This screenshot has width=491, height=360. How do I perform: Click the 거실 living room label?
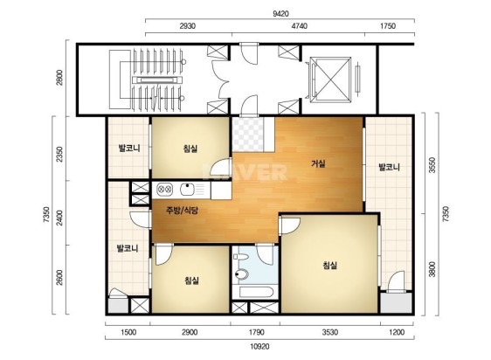pyautogui.click(x=318, y=163)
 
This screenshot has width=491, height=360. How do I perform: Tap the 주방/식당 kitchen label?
pyautogui.click(x=182, y=211)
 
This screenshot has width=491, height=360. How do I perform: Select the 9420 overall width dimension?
pyautogui.click(x=280, y=14)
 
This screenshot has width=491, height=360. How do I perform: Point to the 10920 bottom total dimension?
pyautogui.click(x=259, y=347)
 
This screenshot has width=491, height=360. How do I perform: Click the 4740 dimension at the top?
pyautogui.click(x=299, y=26)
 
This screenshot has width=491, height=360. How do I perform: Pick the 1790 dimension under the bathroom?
pyautogui.click(x=257, y=332)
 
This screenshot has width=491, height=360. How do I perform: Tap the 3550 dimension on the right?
pyautogui.click(x=432, y=165)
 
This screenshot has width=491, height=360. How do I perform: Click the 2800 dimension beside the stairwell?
pyautogui.click(x=59, y=78)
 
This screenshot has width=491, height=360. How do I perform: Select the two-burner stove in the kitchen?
pyautogui.click(x=164, y=190)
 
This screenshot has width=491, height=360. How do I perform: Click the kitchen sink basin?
pyautogui.click(x=187, y=190)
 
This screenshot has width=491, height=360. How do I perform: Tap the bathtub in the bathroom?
pyautogui.click(x=256, y=292)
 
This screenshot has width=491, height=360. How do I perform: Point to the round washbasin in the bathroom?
pyautogui.click(x=242, y=274)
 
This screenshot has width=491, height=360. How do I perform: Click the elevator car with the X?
pyautogui.click(x=330, y=80)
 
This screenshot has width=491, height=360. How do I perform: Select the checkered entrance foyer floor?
pyautogui.click(x=247, y=134)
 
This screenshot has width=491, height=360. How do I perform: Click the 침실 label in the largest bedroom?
pyautogui.click(x=329, y=266)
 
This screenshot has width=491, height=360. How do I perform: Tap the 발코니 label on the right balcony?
pyautogui.click(x=389, y=167)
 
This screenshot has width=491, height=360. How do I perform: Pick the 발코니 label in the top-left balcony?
pyautogui.click(x=129, y=148)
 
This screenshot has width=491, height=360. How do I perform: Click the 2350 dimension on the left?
pyautogui.click(x=59, y=154)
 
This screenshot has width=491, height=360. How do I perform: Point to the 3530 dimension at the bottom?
pyautogui.click(x=330, y=332)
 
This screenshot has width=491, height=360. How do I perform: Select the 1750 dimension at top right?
pyautogui.click(x=388, y=26)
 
